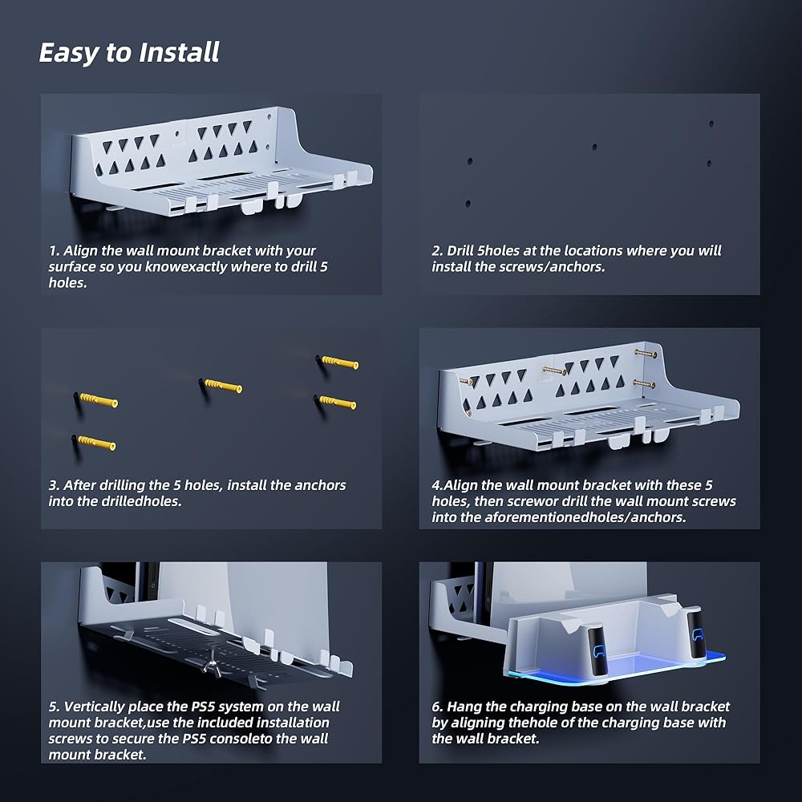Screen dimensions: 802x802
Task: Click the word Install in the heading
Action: (x=180, y=52)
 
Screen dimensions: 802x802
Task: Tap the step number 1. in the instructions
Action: (x=55, y=250)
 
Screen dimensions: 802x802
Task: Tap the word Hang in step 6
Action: (x=464, y=707)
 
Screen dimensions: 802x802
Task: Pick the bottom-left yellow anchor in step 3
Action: (x=96, y=443)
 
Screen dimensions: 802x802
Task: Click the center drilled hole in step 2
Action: (x=594, y=148)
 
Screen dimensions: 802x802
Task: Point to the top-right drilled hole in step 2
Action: (x=711, y=124)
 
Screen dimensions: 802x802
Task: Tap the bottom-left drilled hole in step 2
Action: (x=468, y=204)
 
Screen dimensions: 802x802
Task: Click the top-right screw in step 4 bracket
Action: (x=646, y=353)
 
